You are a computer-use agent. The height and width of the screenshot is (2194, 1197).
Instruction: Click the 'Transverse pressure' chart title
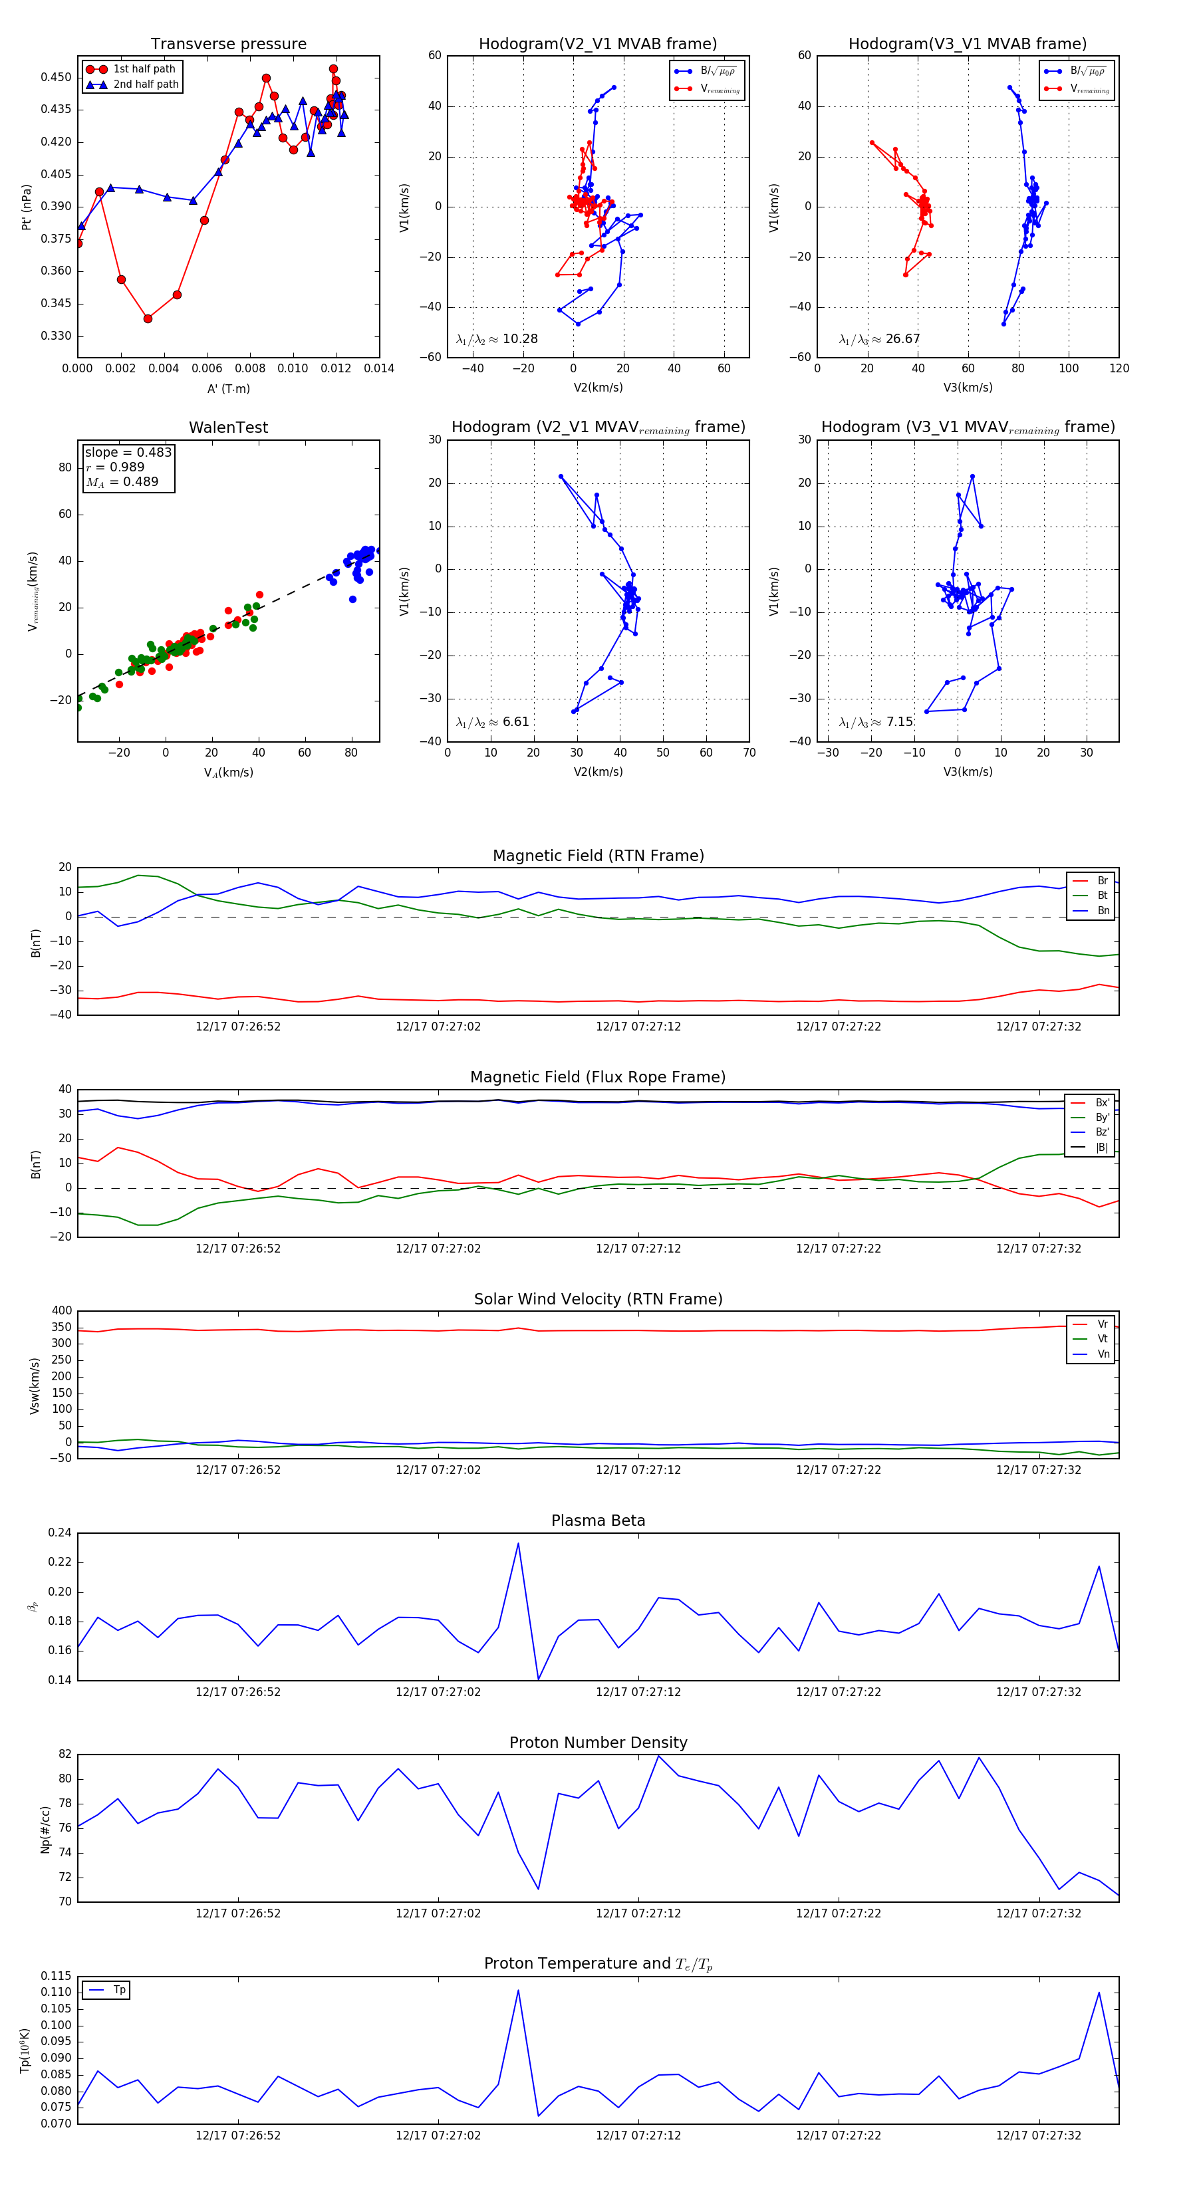[228, 45]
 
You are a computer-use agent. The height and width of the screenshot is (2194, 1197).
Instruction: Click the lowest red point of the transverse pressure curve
[148, 318]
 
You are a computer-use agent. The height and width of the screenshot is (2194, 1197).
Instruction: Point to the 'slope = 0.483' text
[128, 452]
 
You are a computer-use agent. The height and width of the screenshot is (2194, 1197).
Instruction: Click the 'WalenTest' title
[228, 427]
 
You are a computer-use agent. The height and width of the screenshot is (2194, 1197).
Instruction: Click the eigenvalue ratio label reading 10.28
[497, 339]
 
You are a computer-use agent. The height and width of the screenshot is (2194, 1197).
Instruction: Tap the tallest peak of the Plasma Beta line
[518, 1543]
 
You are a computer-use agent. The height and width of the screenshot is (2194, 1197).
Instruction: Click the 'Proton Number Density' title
[598, 1743]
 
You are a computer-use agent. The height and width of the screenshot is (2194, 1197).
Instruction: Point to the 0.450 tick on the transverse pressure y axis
[57, 78]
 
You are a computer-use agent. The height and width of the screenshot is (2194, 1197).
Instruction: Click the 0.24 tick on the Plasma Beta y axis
[60, 1533]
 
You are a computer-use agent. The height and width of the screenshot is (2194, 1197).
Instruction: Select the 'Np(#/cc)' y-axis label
[45, 1830]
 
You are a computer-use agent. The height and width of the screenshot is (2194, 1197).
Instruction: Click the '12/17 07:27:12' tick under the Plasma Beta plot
[638, 1691]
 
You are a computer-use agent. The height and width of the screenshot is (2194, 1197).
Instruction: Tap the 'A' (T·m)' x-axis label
[228, 388]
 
